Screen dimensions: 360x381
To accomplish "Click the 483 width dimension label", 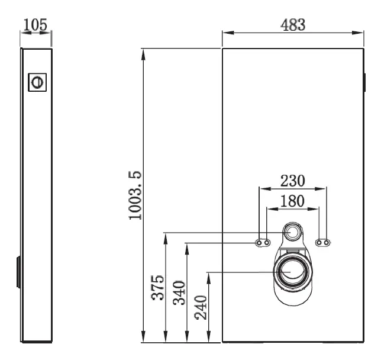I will click(x=293, y=25).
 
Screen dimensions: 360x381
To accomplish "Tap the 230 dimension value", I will click(x=293, y=179).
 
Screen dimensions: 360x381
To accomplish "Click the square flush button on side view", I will click(x=37, y=82).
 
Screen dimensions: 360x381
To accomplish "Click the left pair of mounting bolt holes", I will click(x=263, y=243).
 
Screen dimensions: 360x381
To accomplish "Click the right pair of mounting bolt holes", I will click(x=323, y=243).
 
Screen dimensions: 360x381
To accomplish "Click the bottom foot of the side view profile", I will click(x=37, y=342).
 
